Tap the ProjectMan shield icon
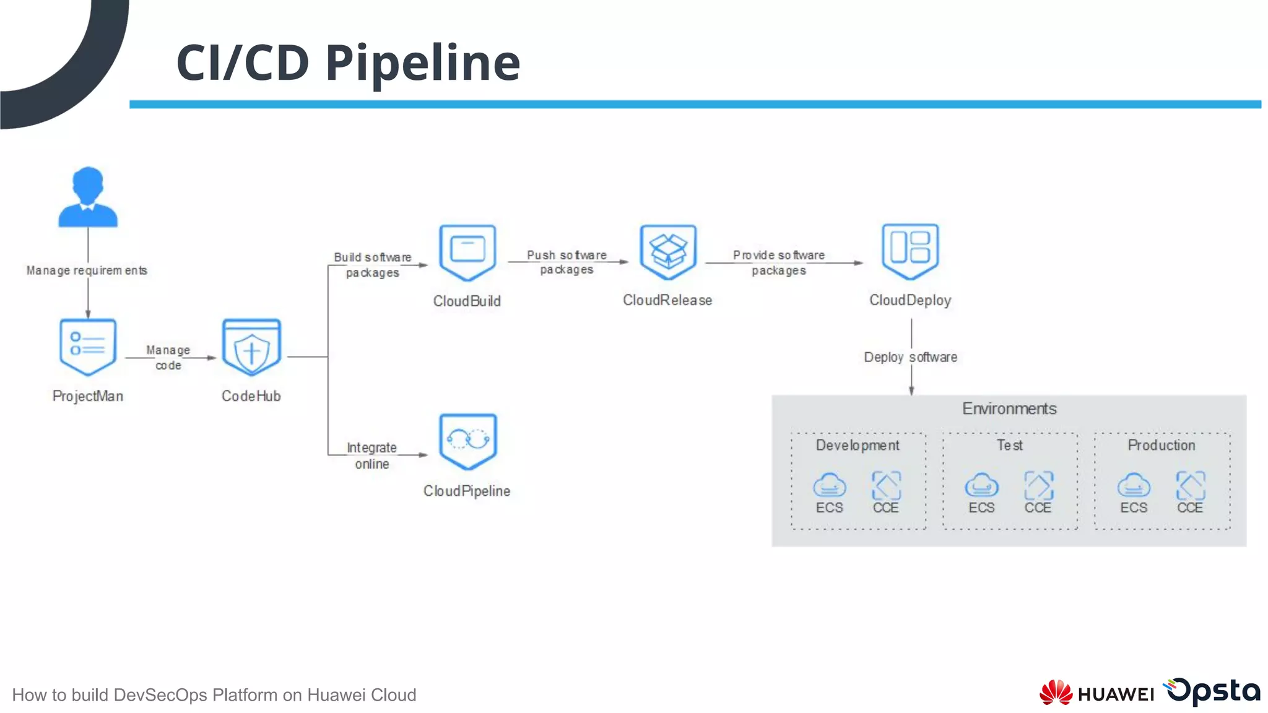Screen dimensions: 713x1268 pyautogui.click(x=88, y=347)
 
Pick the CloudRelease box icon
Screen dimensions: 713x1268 pyautogui.click(x=668, y=252)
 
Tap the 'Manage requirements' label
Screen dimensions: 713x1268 pyautogui.click(x=87, y=270)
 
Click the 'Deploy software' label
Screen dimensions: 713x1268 pyautogui.click(x=910, y=357)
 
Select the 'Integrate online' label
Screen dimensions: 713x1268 pyautogui.click(x=371, y=456)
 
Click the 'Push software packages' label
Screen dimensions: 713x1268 pyautogui.click(x=567, y=262)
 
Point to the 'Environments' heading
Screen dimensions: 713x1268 pyautogui.click(x=1009, y=408)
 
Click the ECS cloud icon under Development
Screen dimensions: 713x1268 pyautogui.click(x=829, y=485)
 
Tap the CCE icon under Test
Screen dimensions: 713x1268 pyautogui.click(x=1038, y=485)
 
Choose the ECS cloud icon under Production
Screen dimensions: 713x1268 pyautogui.click(x=1134, y=485)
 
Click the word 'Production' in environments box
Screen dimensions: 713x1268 pyautogui.click(x=1162, y=445)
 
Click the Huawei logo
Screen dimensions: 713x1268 pyautogui.click(x=1096, y=693)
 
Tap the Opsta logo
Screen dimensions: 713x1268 pyautogui.click(x=1213, y=691)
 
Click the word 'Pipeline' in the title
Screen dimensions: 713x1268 pyautogui.click(x=423, y=63)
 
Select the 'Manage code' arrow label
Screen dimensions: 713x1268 pyautogui.click(x=168, y=358)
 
